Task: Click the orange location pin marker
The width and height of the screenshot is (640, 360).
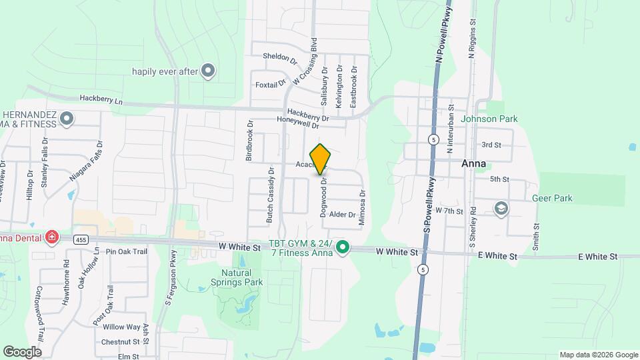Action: coord(321,159)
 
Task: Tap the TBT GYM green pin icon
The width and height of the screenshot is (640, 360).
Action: coord(343,247)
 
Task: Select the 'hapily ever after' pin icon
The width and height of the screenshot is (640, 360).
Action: coord(208,71)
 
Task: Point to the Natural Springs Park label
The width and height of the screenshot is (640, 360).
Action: coord(237,277)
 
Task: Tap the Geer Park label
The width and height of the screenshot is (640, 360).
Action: coord(553,198)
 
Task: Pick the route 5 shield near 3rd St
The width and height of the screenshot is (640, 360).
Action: coord(433,139)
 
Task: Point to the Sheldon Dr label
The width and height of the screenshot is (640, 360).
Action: coord(279,58)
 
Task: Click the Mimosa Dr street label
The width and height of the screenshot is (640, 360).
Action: coord(363,209)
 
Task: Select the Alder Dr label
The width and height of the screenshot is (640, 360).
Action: coord(342,215)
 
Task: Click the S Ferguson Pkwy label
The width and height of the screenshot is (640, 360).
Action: coord(169,277)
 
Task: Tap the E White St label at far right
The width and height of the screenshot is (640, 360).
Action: coord(599,256)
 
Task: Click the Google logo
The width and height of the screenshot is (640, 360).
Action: coord(22,351)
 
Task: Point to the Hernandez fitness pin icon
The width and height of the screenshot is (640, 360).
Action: coord(66,119)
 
